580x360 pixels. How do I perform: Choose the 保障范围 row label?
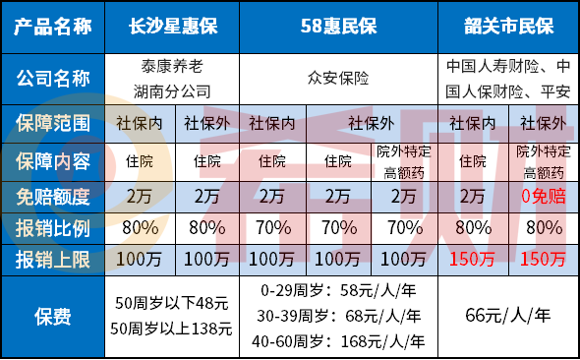coord(55,124)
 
